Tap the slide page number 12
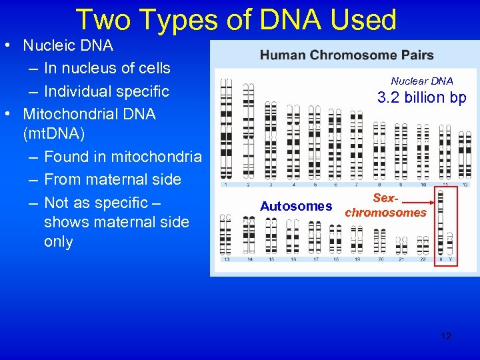446,336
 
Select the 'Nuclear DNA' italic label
421,81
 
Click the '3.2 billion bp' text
421,98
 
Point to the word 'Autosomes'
296,206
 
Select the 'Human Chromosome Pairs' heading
347,55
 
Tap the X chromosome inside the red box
441,223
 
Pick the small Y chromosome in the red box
450,243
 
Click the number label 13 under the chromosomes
227,259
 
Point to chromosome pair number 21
402,243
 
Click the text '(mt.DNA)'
54,133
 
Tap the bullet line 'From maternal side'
112,179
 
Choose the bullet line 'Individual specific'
106,91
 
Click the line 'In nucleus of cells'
107,68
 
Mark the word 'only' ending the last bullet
58,241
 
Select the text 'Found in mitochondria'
123,157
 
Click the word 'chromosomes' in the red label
385,213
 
